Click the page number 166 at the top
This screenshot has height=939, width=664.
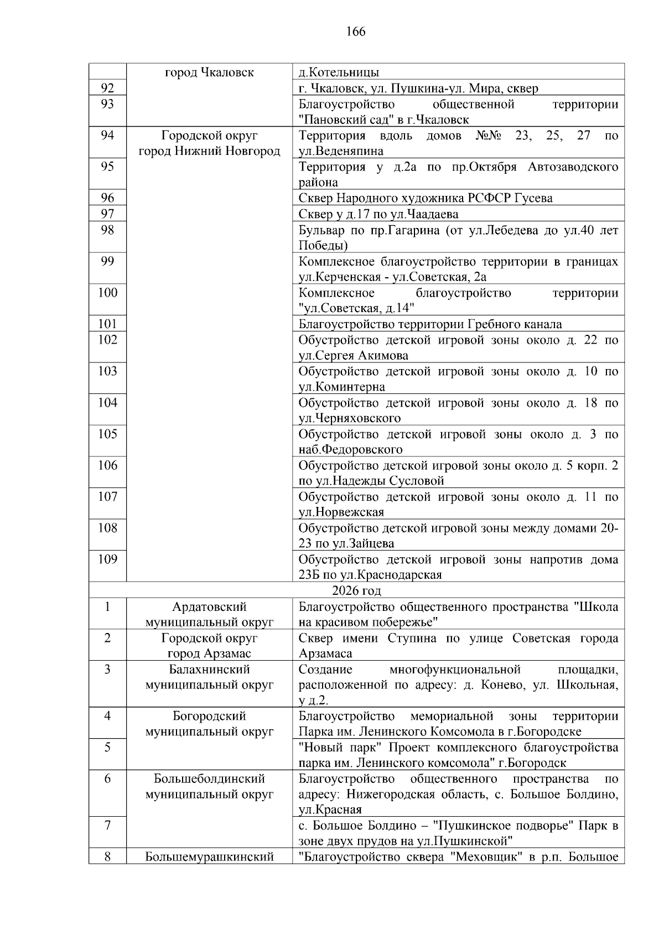click(356, 32)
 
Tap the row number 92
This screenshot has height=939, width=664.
click(107, 88)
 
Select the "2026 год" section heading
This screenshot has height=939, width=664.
click(356, 590)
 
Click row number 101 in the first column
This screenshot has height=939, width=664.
click(107, 324)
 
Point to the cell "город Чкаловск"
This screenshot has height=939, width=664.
click(209, 72)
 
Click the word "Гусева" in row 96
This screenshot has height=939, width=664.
click(533, 198)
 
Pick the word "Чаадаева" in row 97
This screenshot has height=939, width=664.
click(432, 214)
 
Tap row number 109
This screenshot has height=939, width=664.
click(107, 559)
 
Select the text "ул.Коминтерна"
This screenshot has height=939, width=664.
click(341, 387)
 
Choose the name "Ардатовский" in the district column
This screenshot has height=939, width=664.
click(209, 607)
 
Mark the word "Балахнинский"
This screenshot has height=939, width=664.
click(209, 670)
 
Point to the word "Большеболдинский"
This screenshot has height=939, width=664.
click(209, 779)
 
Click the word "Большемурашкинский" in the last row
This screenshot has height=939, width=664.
click(209, 857)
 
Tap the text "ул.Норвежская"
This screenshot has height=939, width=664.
click(341, 512)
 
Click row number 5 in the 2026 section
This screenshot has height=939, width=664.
click(107, 748)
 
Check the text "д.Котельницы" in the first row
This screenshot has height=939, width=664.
click(339, 72)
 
